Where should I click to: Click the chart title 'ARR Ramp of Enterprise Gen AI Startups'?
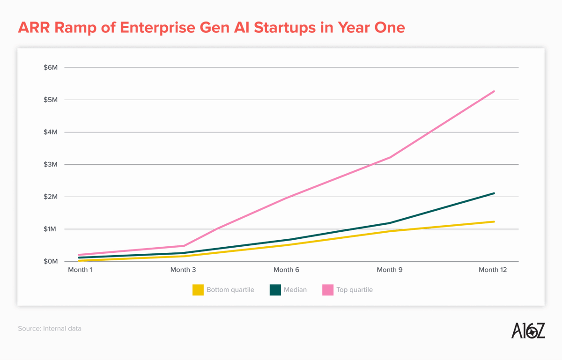point(211,28)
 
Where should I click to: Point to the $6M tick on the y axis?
point(50,67)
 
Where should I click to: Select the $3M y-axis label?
point(50,164)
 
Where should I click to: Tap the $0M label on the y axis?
point(50,261)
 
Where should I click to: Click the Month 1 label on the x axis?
point(80,270)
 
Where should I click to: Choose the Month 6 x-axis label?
point(286,270)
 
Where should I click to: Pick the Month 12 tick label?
point(492,270)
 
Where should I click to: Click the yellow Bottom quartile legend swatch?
point(198,290)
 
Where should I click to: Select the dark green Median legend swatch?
point(275,290)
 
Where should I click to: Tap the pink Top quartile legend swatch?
point(328,290)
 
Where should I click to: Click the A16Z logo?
point(528,331)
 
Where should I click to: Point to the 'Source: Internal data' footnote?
point(50,329)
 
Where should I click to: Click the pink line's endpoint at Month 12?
point(494,91)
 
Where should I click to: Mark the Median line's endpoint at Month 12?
point(494,193)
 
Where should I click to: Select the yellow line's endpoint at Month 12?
point(494,221)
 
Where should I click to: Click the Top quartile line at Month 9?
point(390,157)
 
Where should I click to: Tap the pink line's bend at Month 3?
point(184,246)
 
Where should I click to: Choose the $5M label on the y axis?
point(50,100)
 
